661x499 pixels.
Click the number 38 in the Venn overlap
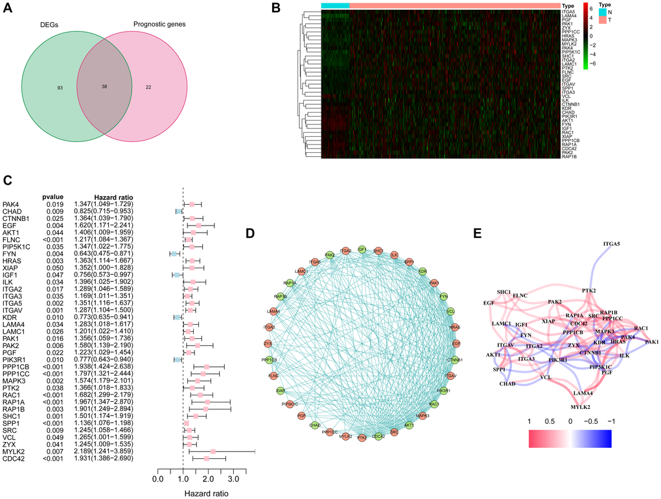(105, 86)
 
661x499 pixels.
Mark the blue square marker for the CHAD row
(179, 212)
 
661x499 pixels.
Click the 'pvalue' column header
(53, 195)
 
